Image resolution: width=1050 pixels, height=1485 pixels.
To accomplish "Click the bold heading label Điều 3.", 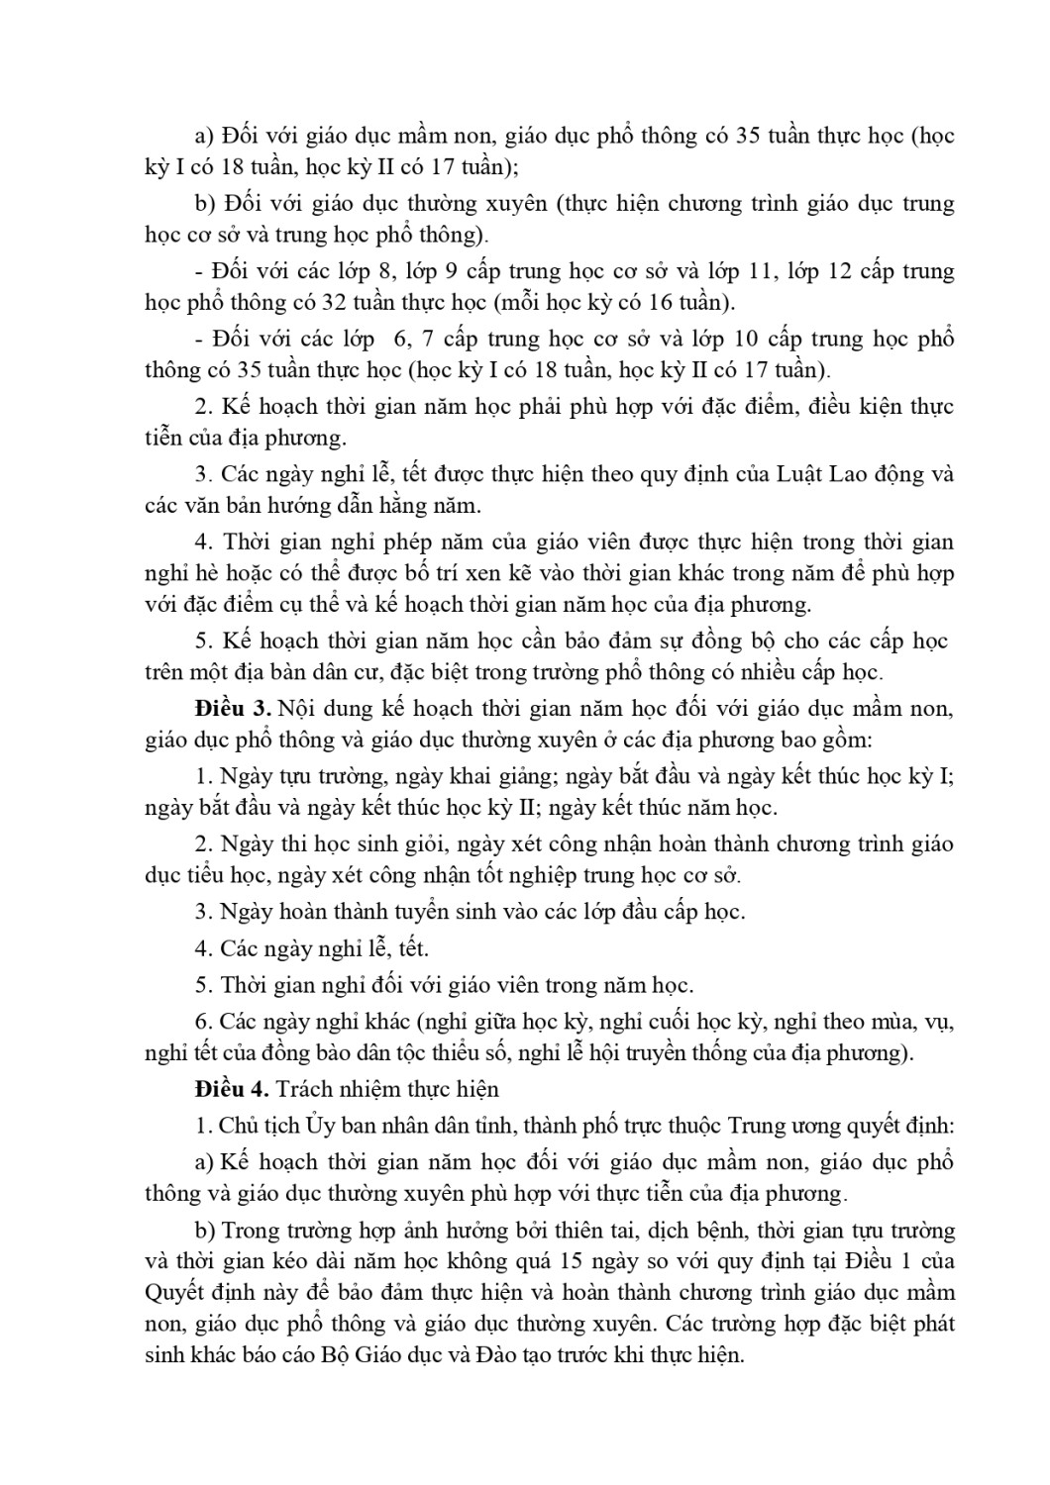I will [x=233, y=708].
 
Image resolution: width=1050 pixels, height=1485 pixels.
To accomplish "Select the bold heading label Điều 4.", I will [x=233, y=1088].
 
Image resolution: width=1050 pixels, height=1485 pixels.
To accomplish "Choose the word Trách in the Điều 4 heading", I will [x=304, y=1088].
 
